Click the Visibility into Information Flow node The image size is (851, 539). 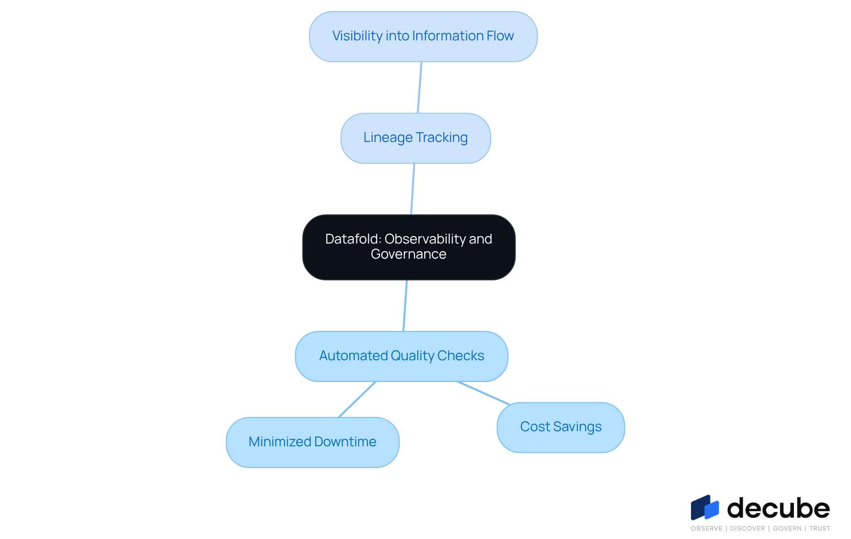click(x=423, y=36)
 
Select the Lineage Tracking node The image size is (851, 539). click(x=415, y=138)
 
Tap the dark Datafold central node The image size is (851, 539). click(x=409, y=247)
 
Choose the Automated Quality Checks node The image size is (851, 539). click(x=402, y=356)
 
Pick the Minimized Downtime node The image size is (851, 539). click(x=312, y=442)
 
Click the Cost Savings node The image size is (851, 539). click(x=561, y=427)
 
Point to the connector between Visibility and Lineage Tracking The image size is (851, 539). click(x=420, y=87)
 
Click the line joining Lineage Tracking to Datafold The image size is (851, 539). click(x=413, y=189)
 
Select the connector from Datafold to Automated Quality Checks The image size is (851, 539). click(x=405, y=306)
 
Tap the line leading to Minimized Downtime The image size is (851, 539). click(x=357, y=399)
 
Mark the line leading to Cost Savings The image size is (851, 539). click(x=484, y=393)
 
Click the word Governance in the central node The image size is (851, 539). click(x=408, y=254)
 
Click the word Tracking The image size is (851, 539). click(x=441, y=138)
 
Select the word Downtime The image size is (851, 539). click(x=345, y=442)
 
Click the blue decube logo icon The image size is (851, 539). click(x=705, y=508)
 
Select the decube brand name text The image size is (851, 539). click(x=778, y=508)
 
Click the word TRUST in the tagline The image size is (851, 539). click(x=820, y=528)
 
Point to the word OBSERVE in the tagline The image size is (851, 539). click(x=706, y=528)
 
